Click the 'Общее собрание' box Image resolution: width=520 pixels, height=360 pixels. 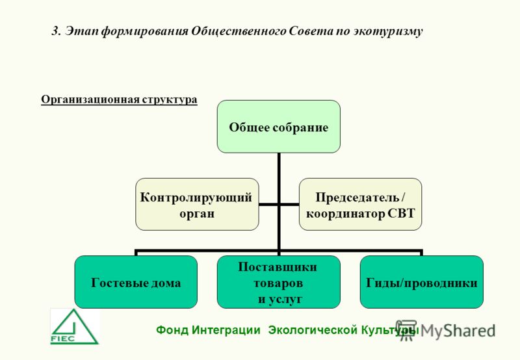click(279, 127)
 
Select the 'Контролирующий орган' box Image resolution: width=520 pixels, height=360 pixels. click(197, 205)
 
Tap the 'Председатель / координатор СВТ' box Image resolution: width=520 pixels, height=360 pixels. click(361, 205)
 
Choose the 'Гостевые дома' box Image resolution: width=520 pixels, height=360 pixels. click(136, 282)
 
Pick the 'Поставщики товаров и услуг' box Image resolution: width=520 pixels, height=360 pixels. click(279, 282)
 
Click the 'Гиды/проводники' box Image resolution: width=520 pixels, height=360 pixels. click(421, 282)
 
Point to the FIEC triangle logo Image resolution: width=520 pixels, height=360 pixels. click(74, 327)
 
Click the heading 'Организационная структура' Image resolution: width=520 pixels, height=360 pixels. click(119, 99)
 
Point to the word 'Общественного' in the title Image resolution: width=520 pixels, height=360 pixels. click(239, 31)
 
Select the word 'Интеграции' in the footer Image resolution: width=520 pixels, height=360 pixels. click(226, 331)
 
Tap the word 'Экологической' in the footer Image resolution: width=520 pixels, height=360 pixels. click(313, 330)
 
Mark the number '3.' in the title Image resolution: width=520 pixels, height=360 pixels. click(57, 31)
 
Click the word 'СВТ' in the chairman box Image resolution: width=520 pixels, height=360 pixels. click(401, 214)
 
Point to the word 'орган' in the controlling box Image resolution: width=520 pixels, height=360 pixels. click(197, 214)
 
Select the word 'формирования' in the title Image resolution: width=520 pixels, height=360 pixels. click(144, 31)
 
